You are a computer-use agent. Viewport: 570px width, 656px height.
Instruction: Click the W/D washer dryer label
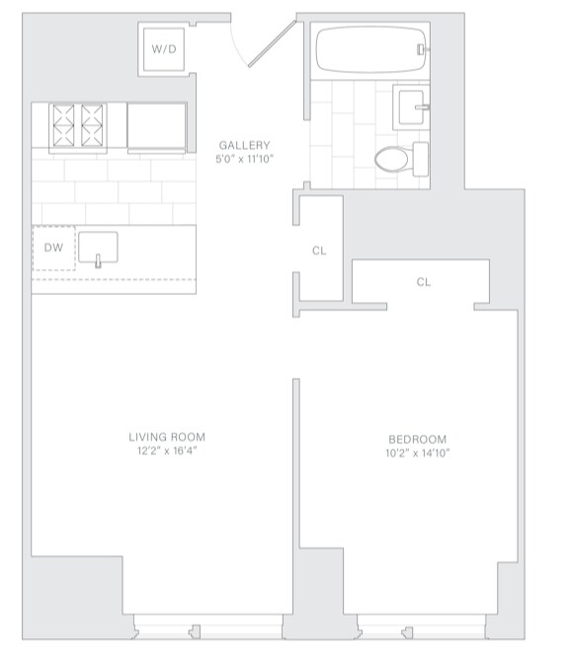click(x=163, y=49)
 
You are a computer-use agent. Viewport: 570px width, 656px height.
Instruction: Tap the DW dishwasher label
click(x=53, y=248)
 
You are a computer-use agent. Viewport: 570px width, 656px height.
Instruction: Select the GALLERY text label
click(x=244, y=145)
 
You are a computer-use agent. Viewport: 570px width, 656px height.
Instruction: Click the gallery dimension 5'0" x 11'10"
click(x=244, y=159)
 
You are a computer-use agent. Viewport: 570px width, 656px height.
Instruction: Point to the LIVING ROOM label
click(x=167, y=436)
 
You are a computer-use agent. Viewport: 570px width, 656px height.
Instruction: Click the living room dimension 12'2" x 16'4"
click(x=167, y=451)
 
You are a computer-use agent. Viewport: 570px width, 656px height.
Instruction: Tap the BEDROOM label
click(x=417, y=439)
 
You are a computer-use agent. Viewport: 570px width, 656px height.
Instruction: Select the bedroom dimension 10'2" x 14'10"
click(x=417, y=454)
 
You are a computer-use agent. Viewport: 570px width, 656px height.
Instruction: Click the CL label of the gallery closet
click(x=319, y=251)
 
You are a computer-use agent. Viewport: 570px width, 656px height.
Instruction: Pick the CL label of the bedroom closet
click(x=423, y=282)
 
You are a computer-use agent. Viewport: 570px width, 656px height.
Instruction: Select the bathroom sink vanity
click(x=412, y=105)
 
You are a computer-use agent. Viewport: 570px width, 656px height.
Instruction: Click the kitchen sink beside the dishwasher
click(x=98, y=249)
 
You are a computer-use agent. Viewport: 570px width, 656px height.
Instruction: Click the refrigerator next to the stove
click(x=156, y=125)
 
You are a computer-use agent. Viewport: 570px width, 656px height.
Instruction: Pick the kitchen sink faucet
click(x=99, y=262)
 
